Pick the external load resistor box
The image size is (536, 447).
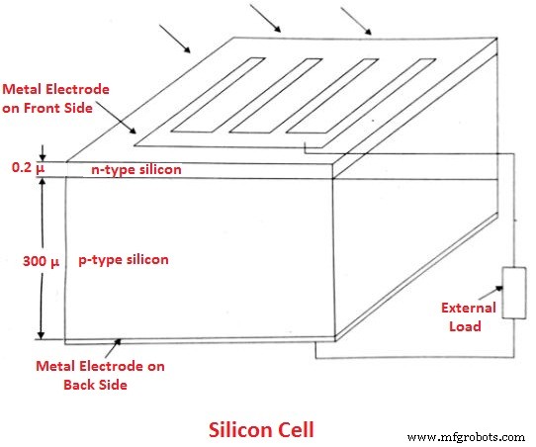tap(515, 292)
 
